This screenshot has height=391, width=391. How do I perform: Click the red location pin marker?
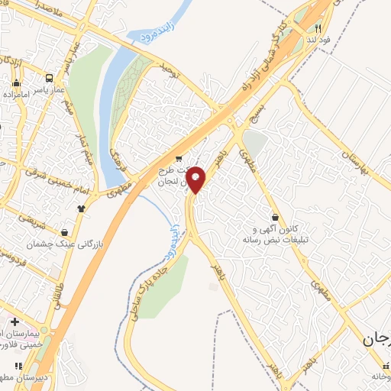pos(196,179)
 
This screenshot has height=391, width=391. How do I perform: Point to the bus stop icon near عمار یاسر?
pos(50,77)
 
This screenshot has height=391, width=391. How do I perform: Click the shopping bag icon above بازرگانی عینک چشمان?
pos(65,231)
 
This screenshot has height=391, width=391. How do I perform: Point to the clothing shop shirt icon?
pos(80,207)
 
